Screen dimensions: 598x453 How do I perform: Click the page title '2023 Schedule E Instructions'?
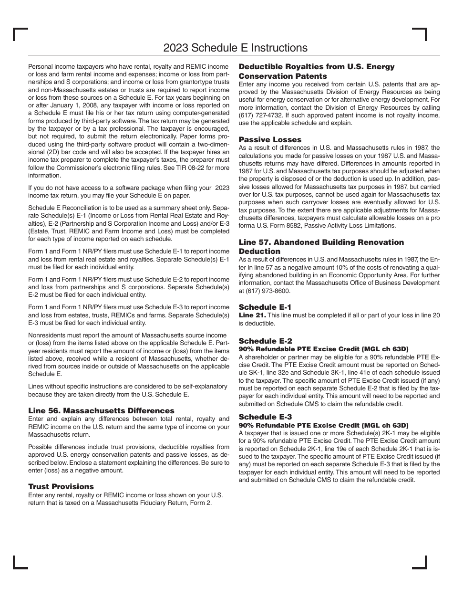(x=235, y=48)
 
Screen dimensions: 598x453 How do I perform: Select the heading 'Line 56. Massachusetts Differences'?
(x=101, y=410)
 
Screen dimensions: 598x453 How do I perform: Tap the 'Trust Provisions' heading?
(x=61, y=486)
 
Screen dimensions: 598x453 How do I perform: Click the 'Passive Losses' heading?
(x=270, y=139)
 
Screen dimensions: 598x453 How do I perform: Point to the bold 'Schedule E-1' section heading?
(x=265, y=307)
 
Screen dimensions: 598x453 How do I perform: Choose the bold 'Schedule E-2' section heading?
(x=265, y=341)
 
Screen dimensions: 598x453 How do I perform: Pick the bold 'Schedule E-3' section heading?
(x=265, y=416)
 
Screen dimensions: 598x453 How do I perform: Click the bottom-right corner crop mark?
(x=420, y=563)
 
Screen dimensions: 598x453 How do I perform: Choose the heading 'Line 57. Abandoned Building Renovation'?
(x=321, y=242)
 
